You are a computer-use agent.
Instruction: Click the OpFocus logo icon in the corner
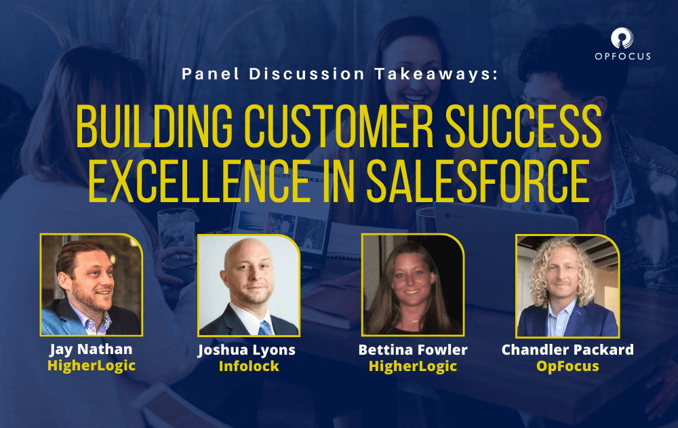coord(622,39)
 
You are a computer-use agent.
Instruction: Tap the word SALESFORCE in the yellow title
coord(478,181)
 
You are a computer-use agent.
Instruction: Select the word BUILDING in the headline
coord(155,125)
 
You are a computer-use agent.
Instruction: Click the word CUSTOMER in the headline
coord(338,125)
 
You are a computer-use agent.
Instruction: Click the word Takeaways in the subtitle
coord(436,74)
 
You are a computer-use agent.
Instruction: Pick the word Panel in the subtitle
coord(211,74)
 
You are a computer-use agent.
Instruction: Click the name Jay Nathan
coord(92,349)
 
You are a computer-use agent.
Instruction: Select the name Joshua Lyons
coord(247,350)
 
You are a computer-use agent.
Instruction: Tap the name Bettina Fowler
coord(413,350)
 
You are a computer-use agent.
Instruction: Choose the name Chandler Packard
coord(567,350)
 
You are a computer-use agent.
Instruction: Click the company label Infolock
coord(249,366)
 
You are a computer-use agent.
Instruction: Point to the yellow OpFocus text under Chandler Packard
coord(567,366)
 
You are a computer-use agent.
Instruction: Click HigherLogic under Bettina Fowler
coord(413,366)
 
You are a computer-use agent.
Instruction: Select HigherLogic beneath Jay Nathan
coord(92,366)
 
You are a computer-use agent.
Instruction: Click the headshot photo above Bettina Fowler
coord(413,285)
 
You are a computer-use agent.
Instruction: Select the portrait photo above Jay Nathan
coord(92,285)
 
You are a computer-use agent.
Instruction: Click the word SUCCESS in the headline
coord(523,125)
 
